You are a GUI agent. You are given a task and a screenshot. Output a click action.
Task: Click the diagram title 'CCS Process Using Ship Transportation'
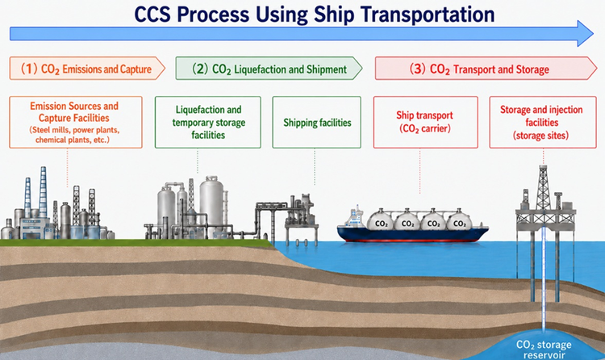point(314,15)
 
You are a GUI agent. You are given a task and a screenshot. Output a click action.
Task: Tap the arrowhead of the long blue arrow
point(585,34)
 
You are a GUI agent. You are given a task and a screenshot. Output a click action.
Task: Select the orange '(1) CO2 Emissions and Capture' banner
point(87,69)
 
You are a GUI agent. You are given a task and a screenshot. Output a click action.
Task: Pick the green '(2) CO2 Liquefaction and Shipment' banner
point(269,69)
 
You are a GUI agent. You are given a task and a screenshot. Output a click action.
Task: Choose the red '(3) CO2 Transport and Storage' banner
point(486,69)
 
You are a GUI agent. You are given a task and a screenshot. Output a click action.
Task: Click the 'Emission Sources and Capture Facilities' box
point(76,122)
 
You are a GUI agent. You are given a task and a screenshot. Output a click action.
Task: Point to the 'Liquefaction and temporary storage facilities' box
point(208,122)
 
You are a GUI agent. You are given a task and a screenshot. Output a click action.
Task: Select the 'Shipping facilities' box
point(317,122)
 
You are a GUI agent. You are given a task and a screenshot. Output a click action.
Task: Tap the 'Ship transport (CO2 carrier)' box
point(426,122)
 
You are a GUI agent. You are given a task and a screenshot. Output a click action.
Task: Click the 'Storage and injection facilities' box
point(543,122)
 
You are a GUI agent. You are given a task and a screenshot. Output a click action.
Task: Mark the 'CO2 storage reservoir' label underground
point(544,350)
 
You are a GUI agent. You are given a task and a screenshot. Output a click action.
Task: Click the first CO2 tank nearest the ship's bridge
point(382,221)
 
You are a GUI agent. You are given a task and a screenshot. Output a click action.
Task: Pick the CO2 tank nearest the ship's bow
point(459,221)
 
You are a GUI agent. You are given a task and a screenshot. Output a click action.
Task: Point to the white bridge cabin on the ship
point(356,217)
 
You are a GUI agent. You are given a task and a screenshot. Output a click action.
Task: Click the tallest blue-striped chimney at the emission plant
point(44,192)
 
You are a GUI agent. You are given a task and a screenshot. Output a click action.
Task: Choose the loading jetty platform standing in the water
point(302,220)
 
